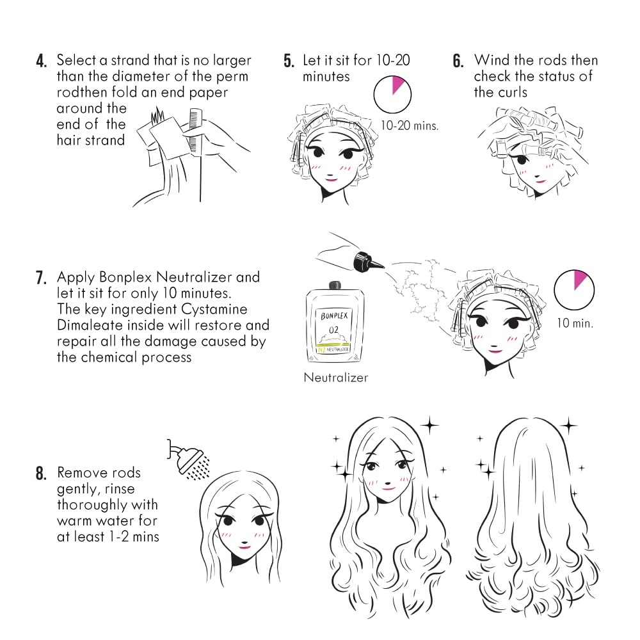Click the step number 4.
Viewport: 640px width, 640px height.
(x=42, y=62)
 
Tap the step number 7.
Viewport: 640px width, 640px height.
(x=42, y=278)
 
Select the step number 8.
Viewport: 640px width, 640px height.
(x=42, y=474)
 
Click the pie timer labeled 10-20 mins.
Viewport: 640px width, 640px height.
(x=392, y=94)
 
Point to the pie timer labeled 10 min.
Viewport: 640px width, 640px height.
(x=574, y=289)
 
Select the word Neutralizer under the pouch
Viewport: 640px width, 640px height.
(x=335, y=378)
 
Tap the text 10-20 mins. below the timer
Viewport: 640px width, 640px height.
(x=410, y=125)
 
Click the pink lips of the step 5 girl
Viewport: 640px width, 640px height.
(x=332, y=179)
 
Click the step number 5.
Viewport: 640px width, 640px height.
(x=289, y=62)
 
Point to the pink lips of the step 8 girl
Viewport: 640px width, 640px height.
(x=244, y=546)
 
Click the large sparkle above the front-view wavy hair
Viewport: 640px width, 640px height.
(x=429, y=424)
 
